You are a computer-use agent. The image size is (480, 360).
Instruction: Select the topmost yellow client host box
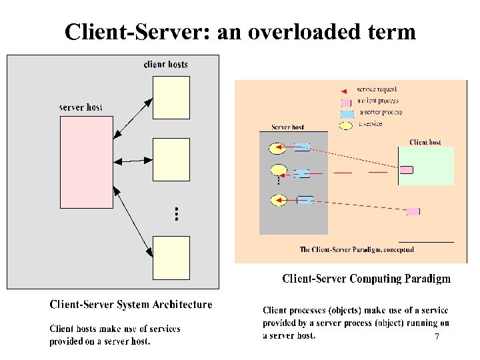coord(171,97)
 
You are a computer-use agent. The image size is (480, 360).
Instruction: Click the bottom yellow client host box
coord(171,257)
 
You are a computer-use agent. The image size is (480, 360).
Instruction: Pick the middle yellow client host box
coord(171,159)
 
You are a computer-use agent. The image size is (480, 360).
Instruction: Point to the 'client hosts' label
coord(166,65)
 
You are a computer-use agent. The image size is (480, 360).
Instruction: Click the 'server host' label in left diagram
coord(81,107)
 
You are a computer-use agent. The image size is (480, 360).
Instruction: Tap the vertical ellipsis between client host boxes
coord(176,214)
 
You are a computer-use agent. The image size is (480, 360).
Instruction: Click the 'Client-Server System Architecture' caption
coord(131,305)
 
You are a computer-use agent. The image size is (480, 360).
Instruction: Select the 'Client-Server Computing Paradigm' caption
coord(366,279)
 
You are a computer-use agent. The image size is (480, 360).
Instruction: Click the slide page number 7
coord(437,337)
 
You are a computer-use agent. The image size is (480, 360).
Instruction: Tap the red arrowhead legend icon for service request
coord(344,90)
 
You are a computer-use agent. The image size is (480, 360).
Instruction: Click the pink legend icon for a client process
coord(345,103)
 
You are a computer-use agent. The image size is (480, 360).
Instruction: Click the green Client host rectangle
coord(427,166)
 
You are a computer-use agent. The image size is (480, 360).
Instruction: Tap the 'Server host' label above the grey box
coord(288,127)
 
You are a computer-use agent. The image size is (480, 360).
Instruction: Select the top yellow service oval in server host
coord(277,147)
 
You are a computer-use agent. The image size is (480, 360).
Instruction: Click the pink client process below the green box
coord(413,211)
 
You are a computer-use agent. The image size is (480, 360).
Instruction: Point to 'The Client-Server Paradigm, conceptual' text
coord(357,250)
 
